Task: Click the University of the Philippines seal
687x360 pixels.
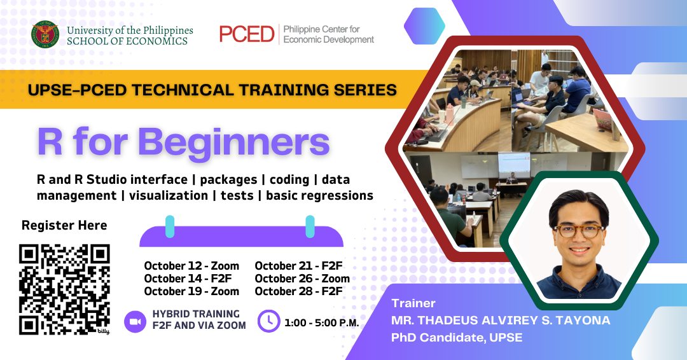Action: click(x=45, y=34)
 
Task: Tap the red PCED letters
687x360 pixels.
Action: click(x=247, y=34)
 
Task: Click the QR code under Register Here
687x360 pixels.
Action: click(x=64, y=289)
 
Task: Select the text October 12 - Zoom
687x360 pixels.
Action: click(x=191, y=266)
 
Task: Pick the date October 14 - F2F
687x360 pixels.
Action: click(x=188, y=279)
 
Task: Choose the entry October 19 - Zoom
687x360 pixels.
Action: click(x=191, y=291)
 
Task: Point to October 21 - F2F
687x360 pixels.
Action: click(x=298, y=266)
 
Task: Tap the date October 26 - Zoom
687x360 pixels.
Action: click(x=302, y=279)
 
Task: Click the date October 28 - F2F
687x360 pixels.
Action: click(x=298, y=291)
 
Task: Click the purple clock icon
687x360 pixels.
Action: click(x=268, y=321)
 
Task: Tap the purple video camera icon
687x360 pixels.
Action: click(x=135, y=322)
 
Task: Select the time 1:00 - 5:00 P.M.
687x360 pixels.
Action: click(x=322, y=323)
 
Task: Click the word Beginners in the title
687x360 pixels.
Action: click(x=234, y=142)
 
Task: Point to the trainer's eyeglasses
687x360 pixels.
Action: click(x=579, y=231)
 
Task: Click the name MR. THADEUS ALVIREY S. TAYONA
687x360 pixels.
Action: click(x=501, y=321)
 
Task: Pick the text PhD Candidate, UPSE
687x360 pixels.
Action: click(x=457, y=338)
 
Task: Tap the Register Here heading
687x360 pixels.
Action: click(x=64, y=225)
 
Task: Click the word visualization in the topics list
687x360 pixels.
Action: click(x=168, y=195)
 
